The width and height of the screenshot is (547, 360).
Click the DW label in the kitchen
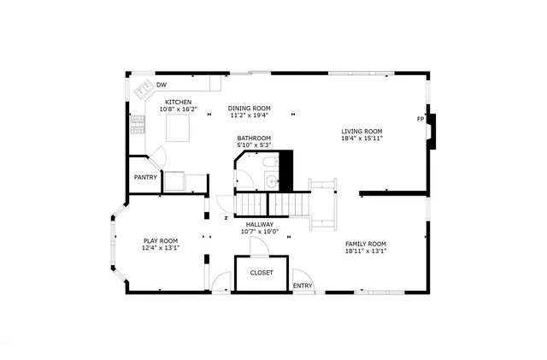click(x=161, y=85)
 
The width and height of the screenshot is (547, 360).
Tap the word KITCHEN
click(x=179, y=102)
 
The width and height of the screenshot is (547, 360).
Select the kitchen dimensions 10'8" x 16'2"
click(x=179, y=109)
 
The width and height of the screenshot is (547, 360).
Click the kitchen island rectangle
click(x=178, y=129)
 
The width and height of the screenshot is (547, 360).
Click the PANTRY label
click(x=145, y=178)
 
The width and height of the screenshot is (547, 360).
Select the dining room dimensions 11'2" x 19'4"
click(x=249, y=115)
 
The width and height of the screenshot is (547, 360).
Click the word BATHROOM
click(x=254, y=138)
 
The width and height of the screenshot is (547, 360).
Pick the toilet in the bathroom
click(x=268, y=163)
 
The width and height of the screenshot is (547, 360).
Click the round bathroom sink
click(x=271, y=180)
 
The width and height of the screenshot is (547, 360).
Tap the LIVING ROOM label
click(x=362, y=131)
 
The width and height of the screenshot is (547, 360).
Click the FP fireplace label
click(x=420, y=119)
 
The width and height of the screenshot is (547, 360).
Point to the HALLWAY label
click(x=259, y=224)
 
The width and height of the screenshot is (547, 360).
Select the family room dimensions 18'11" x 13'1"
click(x=366, y=251)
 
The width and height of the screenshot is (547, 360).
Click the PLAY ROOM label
click(x=161, y=240)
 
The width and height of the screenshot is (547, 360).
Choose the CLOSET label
click(x=262, y=273)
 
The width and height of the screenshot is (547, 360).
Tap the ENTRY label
click(x=303, y=286)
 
